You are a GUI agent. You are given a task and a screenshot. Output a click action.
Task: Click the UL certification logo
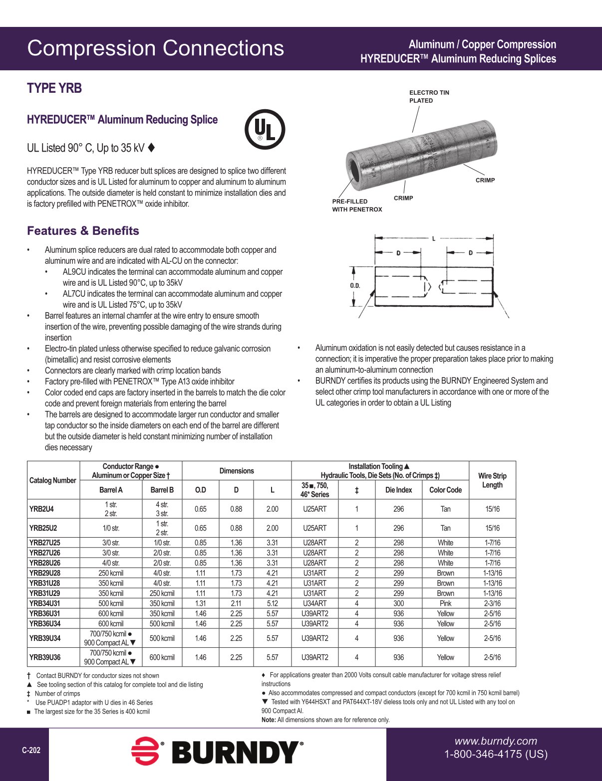click(265, 130)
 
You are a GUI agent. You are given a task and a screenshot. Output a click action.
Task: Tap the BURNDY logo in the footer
click(217, 752)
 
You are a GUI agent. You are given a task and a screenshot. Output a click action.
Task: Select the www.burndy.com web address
click(495, 741)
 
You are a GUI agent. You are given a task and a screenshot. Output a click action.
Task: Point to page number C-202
click(31, 750)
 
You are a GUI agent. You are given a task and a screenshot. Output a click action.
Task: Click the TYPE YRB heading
click(54, 88)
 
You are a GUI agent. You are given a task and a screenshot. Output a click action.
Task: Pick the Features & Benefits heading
click(83, 231)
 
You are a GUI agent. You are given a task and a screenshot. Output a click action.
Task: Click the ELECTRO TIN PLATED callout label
click(429, 96)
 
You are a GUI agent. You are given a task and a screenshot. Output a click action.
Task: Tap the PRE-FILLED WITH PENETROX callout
click(357, 205)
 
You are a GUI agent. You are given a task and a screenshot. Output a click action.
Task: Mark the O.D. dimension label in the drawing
click(355, 286)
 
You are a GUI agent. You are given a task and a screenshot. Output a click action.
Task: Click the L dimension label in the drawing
click(433, 239)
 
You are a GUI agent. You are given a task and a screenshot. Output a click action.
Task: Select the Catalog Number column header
click(53, 480)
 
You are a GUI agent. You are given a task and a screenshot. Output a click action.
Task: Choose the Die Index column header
click(398, 490)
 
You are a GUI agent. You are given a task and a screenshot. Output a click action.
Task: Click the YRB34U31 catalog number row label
click(45, 603)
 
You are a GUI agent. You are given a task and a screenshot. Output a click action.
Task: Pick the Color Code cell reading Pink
click(445, 603)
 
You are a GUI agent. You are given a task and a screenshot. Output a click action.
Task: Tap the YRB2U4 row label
click(41, 509)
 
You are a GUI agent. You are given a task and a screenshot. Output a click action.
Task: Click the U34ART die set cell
click(314, 603)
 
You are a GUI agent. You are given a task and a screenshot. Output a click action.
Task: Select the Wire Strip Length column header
click(492, 480)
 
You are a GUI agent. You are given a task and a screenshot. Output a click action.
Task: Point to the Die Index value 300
click(398, 603)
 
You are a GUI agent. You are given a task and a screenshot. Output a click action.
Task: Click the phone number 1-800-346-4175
click(496, 754)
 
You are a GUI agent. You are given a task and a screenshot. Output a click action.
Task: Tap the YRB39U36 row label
click(45, 657)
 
